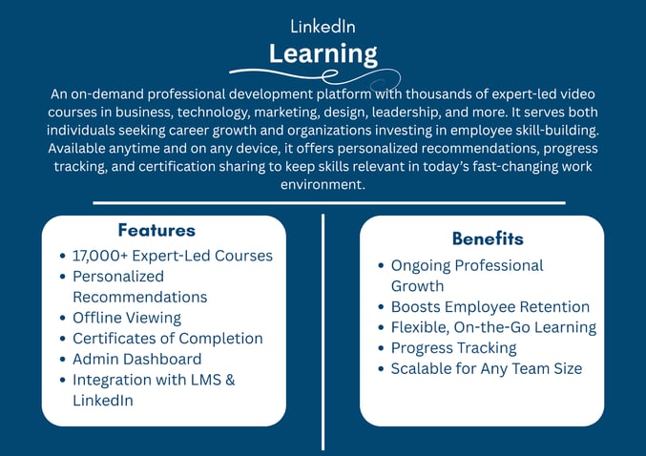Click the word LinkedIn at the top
323,27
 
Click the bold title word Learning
323,52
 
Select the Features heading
156,230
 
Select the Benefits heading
488,238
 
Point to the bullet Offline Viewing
127,318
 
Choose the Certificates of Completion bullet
167,339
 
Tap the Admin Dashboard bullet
136,360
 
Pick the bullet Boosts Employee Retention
490,307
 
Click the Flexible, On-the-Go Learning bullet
493,327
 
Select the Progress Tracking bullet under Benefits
453,348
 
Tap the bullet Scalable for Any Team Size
486,368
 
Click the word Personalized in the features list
118,276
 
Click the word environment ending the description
322,185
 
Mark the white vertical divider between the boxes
323,334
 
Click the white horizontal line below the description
329,202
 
